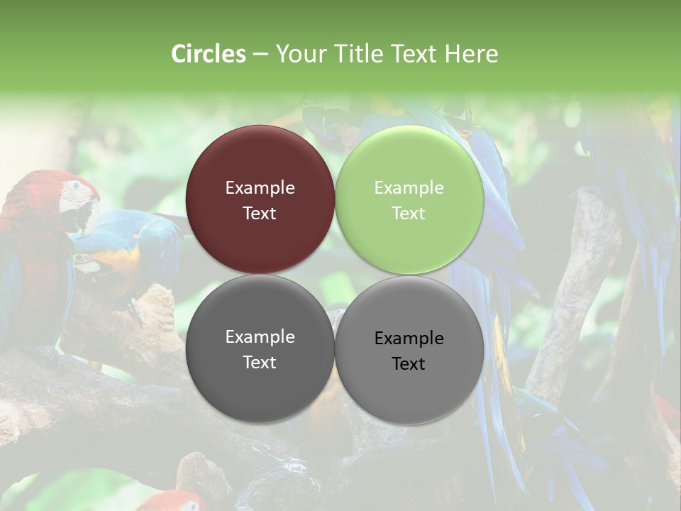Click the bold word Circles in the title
[x=209, y=54]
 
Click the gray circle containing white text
[x=260, y=384]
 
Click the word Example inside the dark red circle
[x=260, y=188]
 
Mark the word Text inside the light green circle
[x=409, y=214]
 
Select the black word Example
[x=409, y=339]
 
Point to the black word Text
[x=409, y=364]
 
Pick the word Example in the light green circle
[x=409, y=188]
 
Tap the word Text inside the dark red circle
[x=260, y=214]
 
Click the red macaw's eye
[x=74, y=187]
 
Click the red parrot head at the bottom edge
[x=174, y=500]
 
